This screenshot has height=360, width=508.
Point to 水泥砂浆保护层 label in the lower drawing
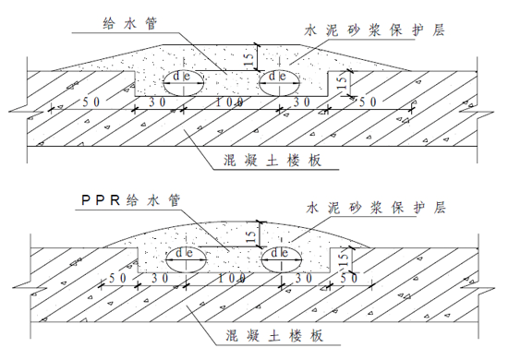[x=373, y=208]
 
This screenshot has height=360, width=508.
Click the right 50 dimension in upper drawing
[x=368, y=101]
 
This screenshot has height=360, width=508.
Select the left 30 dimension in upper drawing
[x=159, y=101]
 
